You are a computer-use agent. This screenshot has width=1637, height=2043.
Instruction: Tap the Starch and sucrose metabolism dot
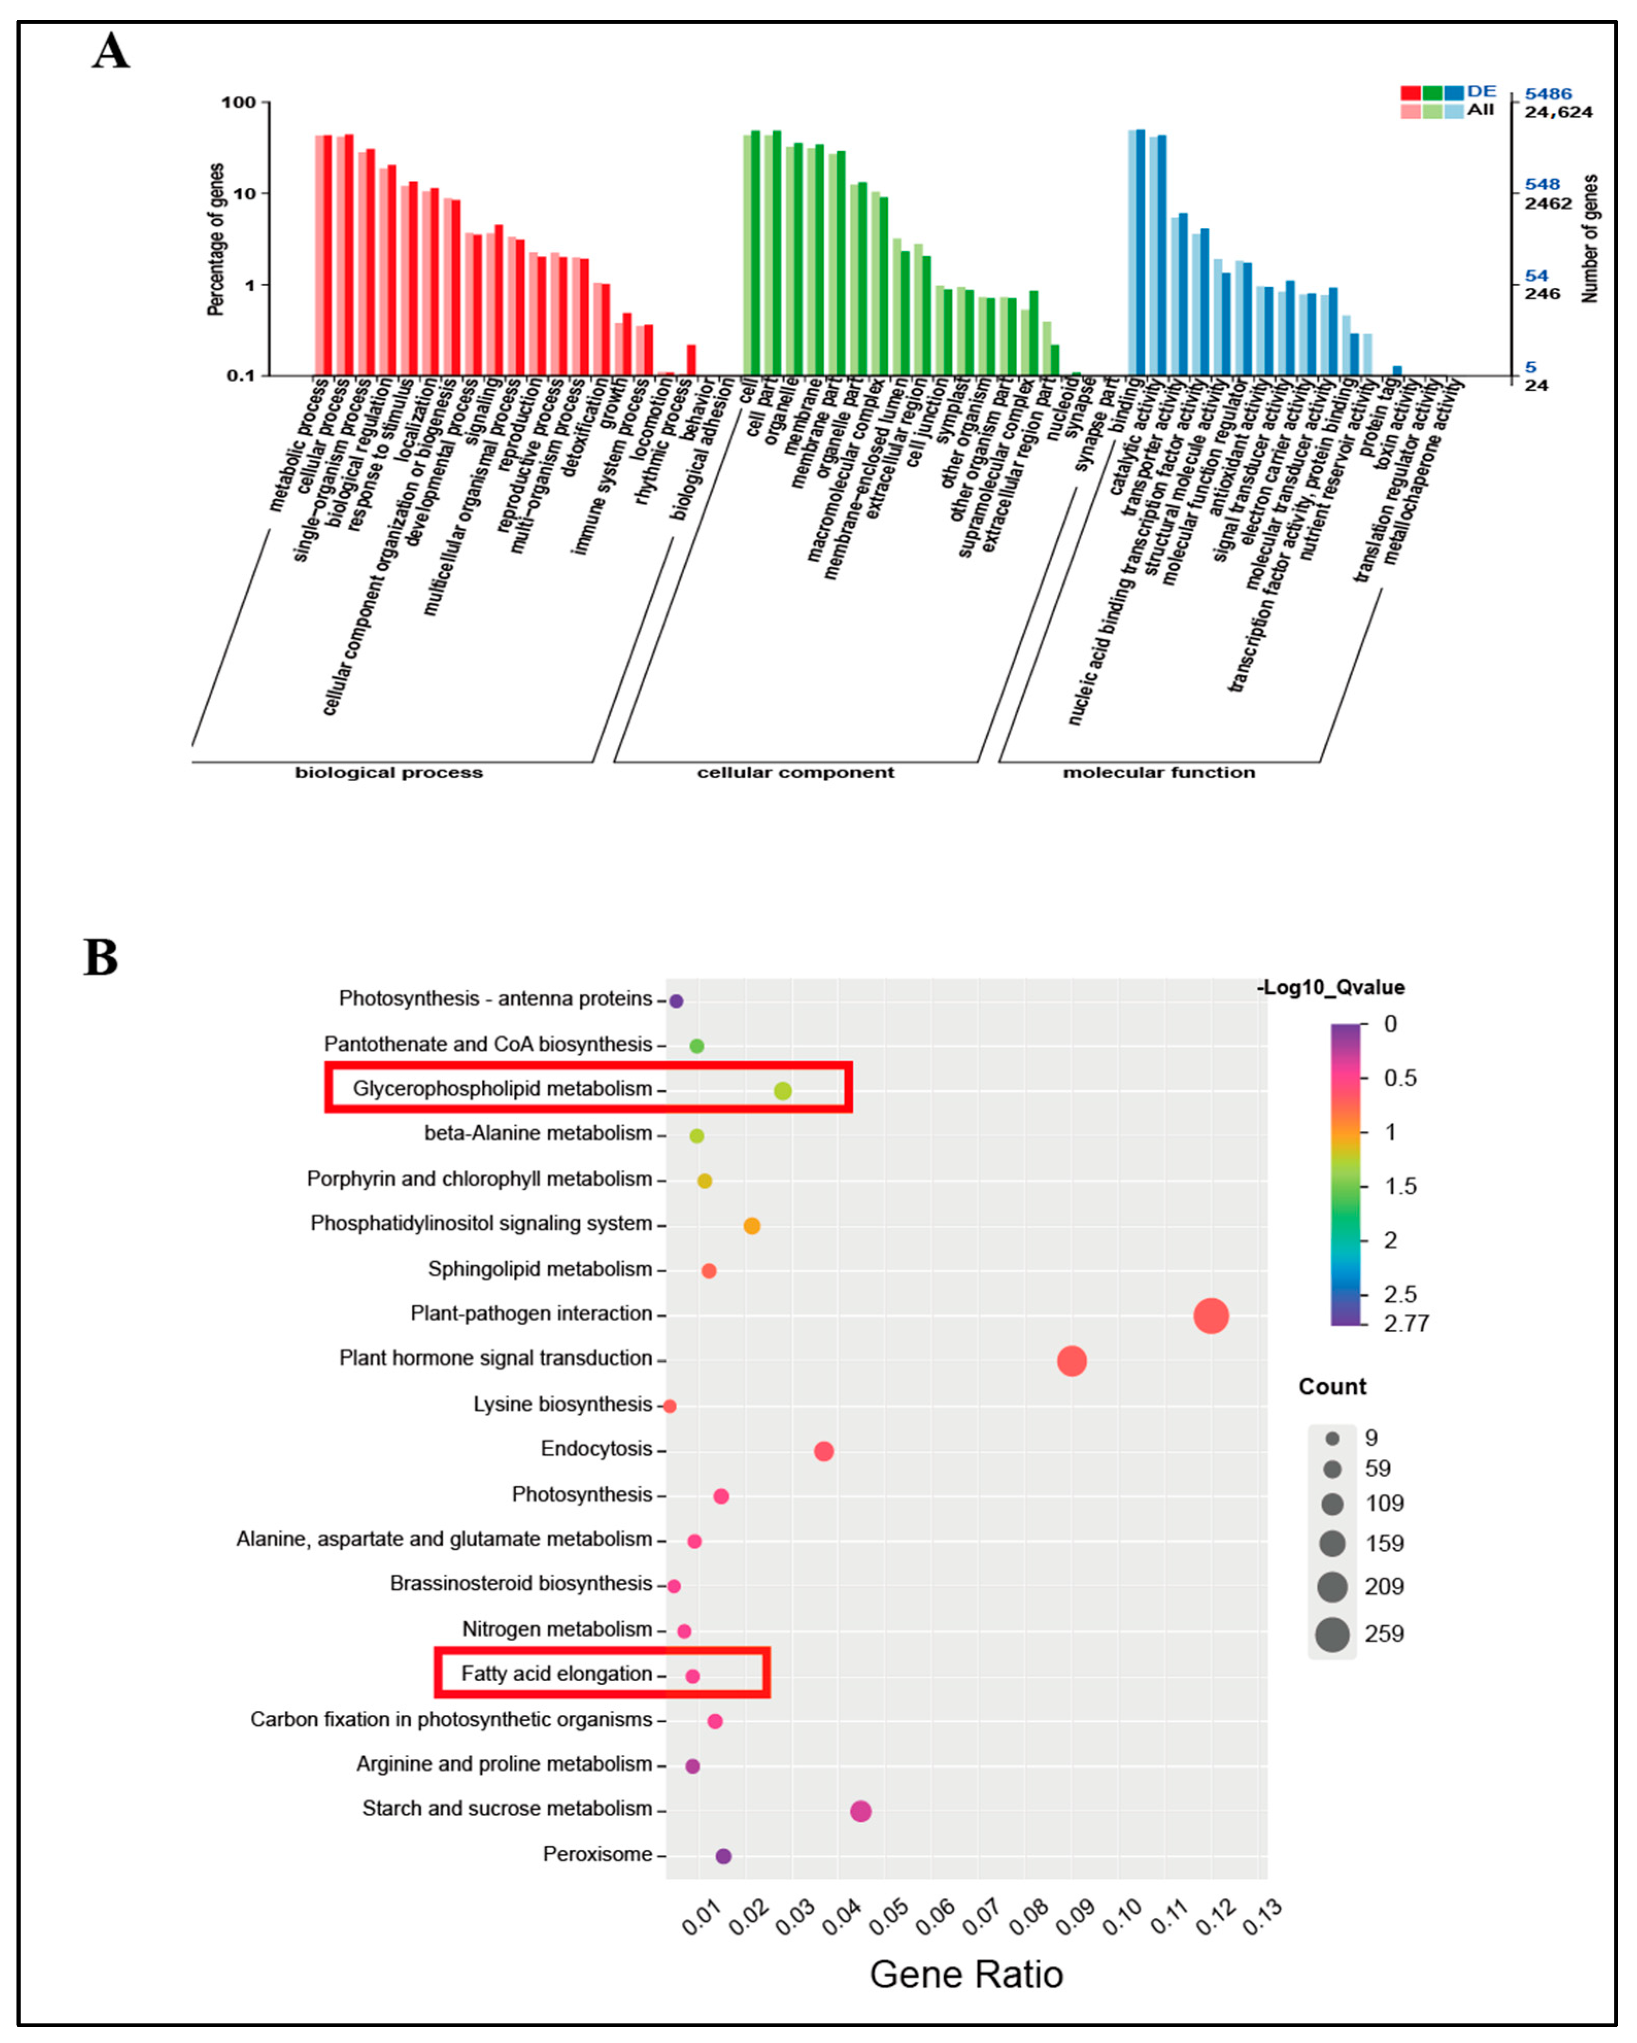click(x=860, y=1811)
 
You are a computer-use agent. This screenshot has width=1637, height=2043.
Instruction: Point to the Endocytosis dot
click(x=824, y=1451)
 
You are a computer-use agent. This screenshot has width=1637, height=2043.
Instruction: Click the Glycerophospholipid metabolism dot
click(x=782, y=1091)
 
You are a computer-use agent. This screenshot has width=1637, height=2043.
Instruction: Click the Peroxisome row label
click(x=597, y=1853)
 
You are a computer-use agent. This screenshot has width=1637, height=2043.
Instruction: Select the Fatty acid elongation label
click(x=556, y=1673)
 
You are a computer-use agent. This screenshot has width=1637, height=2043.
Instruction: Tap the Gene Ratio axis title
click(x=966, y=1974)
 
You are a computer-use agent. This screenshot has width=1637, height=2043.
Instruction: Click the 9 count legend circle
click(x=1332, y=1438)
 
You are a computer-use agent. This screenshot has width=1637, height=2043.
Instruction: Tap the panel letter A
click(x=111, y=51)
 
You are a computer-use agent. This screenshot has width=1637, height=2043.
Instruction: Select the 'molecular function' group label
click(x=1158, y=772)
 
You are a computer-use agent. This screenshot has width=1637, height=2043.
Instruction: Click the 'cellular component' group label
click(x=795, y=772)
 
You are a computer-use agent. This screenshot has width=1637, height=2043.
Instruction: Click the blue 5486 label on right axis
click(x=1548, y=94)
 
